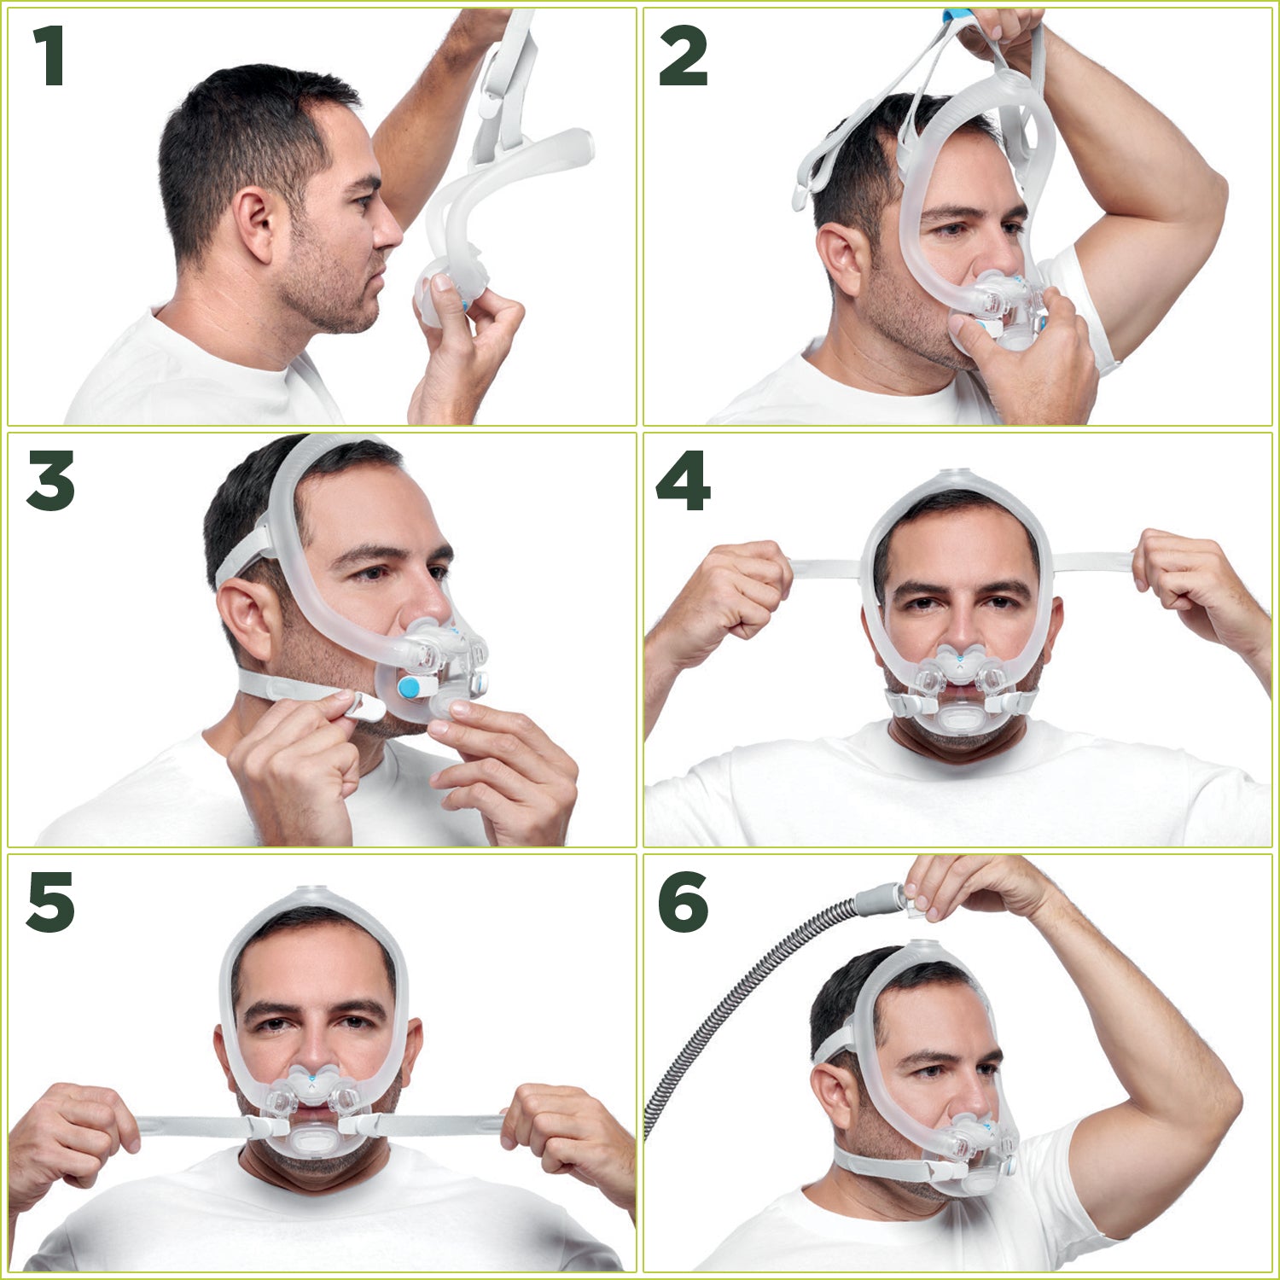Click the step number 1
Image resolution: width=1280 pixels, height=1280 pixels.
[x=49, y=56]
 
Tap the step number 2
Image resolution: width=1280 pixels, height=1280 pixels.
[x=683, y=56]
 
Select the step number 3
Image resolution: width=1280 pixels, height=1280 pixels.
[x=50, y=480]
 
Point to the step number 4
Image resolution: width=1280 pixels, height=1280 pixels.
[x=683, y=480]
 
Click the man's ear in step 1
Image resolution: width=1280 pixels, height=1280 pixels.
[x=255, y=225]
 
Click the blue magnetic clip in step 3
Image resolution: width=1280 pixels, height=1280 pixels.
[x=413, y=686]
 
